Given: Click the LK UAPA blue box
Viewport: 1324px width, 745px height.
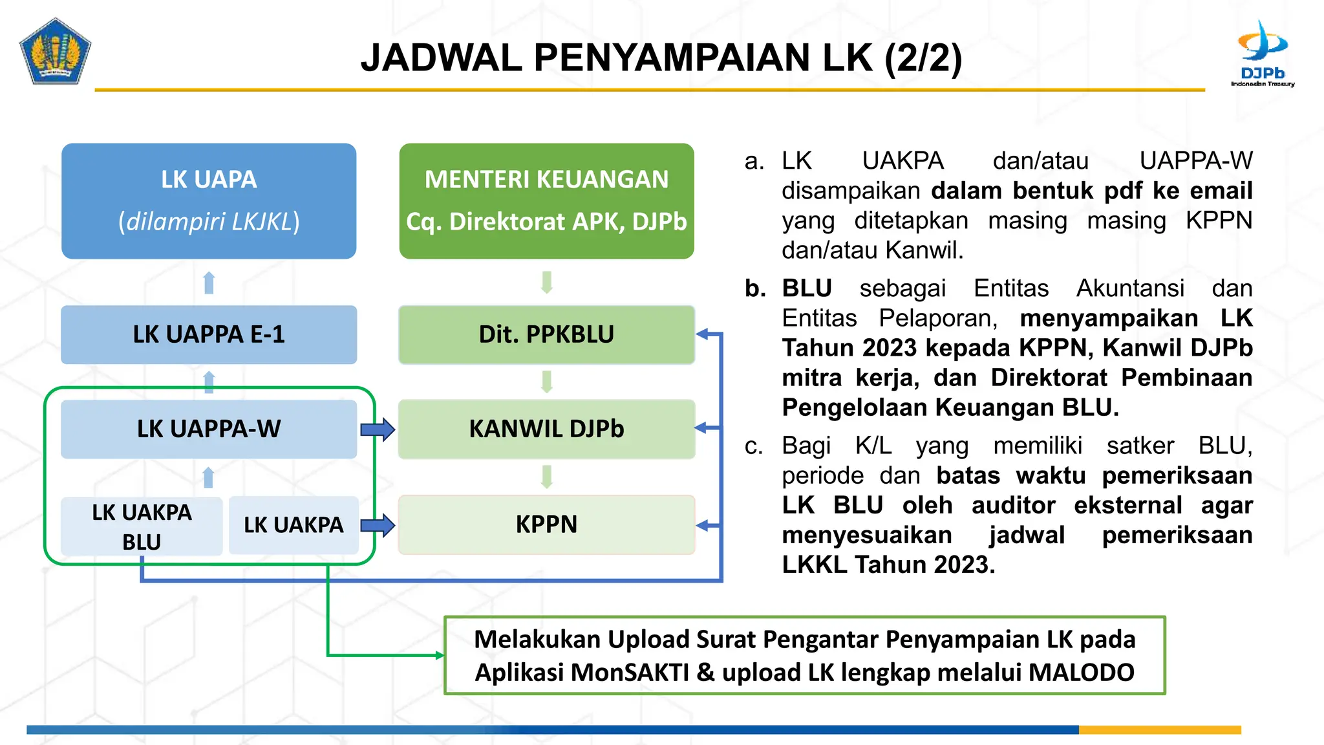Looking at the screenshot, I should pyautogui.click(x=209, y=201).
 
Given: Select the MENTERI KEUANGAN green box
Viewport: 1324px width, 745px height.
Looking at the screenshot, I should pyautogui.click(x=546, y=201).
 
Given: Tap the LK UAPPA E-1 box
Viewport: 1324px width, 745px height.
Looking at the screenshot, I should pyautogui.click(x=209, y=334).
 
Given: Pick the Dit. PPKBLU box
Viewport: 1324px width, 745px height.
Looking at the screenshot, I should pyautogui.click(x=546, y=334).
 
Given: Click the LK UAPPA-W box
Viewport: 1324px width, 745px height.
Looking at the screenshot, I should pyautogui.click(x=209, y=429).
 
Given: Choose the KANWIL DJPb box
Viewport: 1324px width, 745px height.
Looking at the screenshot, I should pyautogui.click(x=546, y=429).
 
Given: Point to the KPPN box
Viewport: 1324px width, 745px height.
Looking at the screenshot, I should pyautogui.click(x=546, y=524).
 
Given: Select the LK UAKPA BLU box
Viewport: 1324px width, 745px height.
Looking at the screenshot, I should pyautogui.click(x=142, y=526).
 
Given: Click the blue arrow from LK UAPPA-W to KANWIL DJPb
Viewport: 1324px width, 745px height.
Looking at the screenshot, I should pyautogui.click(x=378, y=429).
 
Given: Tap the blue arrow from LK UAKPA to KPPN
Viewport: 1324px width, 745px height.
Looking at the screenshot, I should pyautogui.click(x=378, y=525).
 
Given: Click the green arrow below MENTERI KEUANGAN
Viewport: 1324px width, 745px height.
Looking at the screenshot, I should pyautogui.click(x=547, y=283).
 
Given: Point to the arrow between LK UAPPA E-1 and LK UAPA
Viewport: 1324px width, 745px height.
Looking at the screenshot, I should pyautogui.click(x=209, y=283).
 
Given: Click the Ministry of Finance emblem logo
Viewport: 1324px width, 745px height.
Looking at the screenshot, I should pyautogui.click(x=55, y=52).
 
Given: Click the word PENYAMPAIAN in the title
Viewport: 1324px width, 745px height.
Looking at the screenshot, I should pyautogui.click(x=672, y=58).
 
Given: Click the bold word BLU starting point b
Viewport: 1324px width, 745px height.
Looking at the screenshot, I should pyautogui.click(x=807, y=288).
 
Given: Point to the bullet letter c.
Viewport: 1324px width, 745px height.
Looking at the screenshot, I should pyautogui.click(x=753, y=446).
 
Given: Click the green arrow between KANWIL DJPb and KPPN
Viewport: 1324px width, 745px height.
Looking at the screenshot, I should pyautogui.click(x=547, y=477).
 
